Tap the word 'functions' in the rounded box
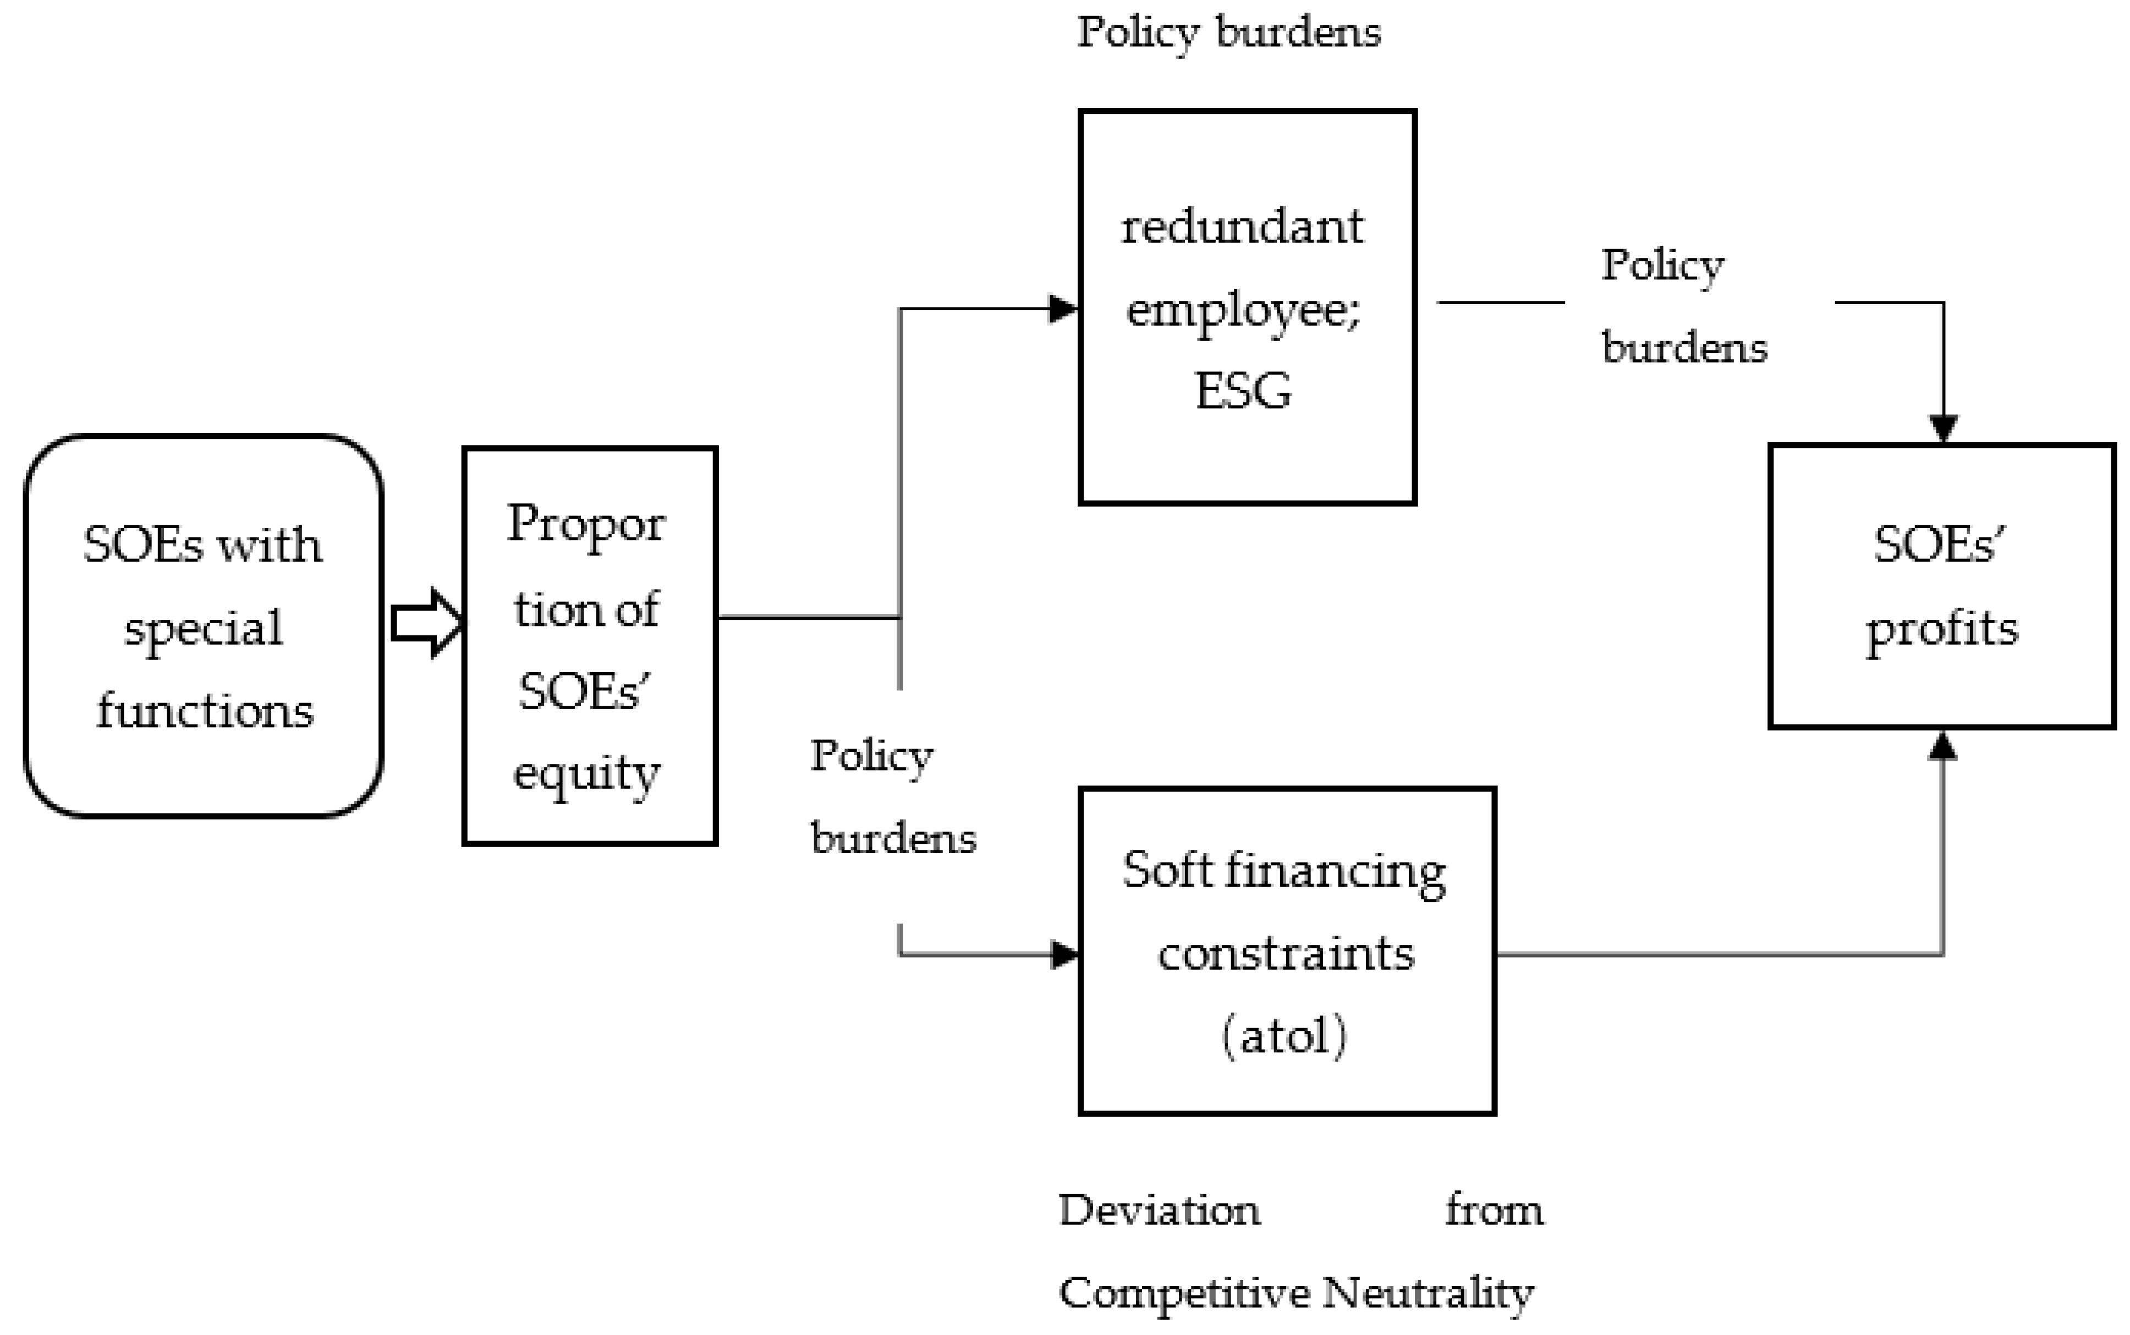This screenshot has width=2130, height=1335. [x=205, y=711]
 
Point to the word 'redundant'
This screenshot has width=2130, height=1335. [x=1242, y=227]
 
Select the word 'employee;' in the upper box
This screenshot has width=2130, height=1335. [x=1244, y=310]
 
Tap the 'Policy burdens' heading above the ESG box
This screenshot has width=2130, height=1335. [x=1228, y=32]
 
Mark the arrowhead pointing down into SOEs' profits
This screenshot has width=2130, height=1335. [x=1943, y=428]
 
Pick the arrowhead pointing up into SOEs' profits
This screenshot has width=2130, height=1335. [x=1943, y=746]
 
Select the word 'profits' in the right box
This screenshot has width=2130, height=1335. [x=1941, y=629]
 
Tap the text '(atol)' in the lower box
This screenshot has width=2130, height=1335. [x=1284, y=1036]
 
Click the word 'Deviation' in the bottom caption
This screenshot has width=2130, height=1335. [x=1159, y=1211]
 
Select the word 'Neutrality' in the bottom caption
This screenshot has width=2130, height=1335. [x=1428, y=1294]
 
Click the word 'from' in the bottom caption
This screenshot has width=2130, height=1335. [x=1494, y=1211]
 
